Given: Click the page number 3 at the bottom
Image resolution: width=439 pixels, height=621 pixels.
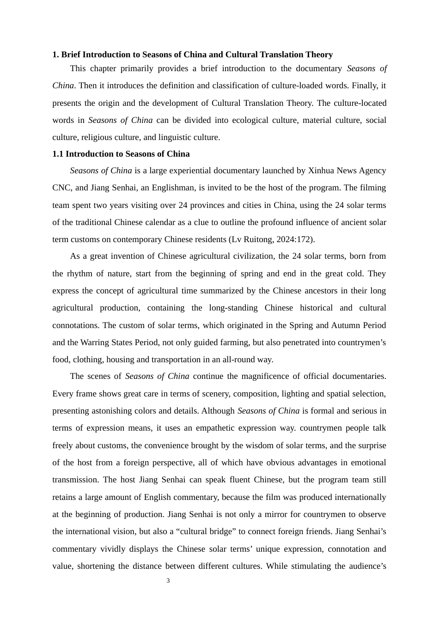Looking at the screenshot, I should [168, 581].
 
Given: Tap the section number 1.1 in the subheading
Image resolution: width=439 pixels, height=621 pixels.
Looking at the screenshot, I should [58, 154].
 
